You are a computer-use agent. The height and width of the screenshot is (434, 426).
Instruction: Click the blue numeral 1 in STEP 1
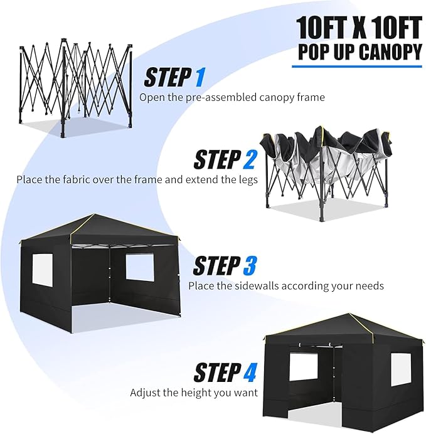[x=200, y=77]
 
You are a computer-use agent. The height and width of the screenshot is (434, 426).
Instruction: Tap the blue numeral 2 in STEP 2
[x=249, y=160]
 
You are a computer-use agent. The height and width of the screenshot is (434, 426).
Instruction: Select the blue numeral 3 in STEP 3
[x=249, y=266]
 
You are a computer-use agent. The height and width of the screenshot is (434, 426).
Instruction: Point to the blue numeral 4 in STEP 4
[x=250, y=373]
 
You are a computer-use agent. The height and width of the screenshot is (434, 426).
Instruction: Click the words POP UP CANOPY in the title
[x=357, y=51]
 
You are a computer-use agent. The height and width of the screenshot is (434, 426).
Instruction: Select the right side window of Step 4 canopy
[x=401, y=369]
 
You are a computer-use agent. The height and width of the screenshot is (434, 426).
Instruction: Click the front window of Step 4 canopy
[x=302, y=370]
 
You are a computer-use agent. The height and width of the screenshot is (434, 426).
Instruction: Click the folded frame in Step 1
[x=75, y=85]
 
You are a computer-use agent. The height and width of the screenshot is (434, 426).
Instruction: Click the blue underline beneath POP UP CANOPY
[x=357, y=66]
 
